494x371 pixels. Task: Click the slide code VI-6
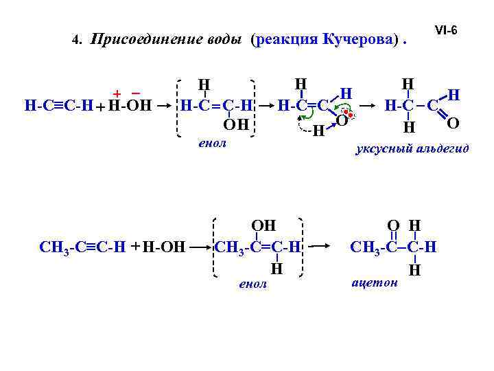446,31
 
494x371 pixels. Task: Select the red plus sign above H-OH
117,93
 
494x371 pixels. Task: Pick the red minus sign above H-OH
135,93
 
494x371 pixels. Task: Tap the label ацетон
374,282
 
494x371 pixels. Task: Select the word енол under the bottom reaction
251,284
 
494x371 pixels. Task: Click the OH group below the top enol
235,125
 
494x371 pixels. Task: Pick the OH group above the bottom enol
263,225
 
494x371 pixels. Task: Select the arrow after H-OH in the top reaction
165,107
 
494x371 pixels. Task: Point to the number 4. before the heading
77,41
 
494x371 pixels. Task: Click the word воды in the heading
224,39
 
